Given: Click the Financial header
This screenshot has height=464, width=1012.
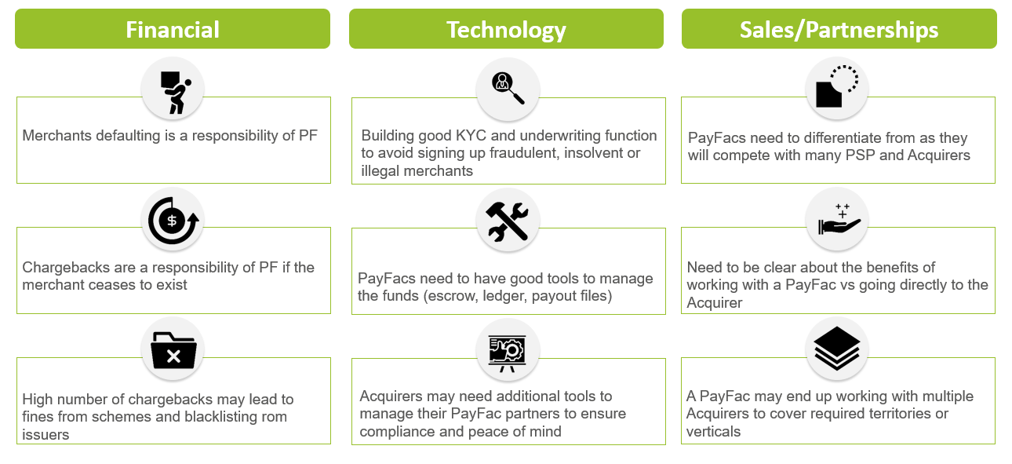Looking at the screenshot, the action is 173,29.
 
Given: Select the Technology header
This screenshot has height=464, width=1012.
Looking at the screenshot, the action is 506,29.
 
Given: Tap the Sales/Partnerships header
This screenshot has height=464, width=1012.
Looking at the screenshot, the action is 839,29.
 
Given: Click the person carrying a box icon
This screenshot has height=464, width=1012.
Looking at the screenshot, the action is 175,93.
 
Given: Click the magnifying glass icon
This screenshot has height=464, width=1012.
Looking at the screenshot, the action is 508,88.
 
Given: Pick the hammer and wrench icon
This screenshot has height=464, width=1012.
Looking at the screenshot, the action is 507,221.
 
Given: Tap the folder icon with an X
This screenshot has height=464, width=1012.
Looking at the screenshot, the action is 173,350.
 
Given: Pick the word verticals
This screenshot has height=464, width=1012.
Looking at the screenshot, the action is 713,432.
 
